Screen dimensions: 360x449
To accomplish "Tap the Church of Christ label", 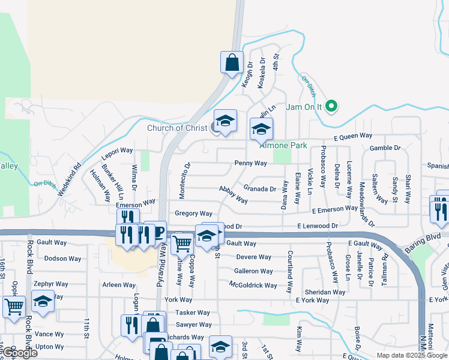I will point(176,128).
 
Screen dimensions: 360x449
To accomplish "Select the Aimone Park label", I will point(283,146).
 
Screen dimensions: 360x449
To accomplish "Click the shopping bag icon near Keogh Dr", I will point(232,62).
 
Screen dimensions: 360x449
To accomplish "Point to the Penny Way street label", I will point(250,163).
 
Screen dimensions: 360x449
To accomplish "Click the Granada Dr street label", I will point(259,188).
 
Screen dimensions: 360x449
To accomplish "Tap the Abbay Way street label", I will point(233,194).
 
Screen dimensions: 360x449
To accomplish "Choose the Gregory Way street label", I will point(193,214).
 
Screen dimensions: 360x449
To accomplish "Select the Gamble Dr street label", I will point(385,148).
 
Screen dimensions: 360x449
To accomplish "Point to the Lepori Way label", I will point(118,151).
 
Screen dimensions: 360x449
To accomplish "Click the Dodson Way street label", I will point(62,259).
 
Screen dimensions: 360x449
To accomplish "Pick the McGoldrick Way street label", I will point(253,286).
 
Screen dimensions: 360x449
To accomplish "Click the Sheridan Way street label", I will point(324,292).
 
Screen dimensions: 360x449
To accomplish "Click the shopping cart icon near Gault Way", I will point(182,244).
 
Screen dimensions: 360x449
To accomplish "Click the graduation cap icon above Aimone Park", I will point(261,129).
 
